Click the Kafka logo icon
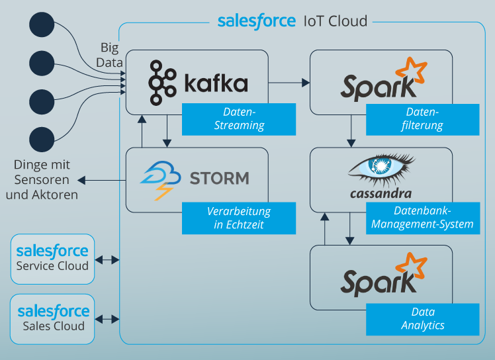(161, 83)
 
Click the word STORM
(219, 178)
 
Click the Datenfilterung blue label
(422, 118)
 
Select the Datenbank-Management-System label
(422, 218)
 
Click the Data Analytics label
(422, 318)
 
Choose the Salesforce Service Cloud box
(52, 258)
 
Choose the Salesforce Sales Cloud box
(52, 318)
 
